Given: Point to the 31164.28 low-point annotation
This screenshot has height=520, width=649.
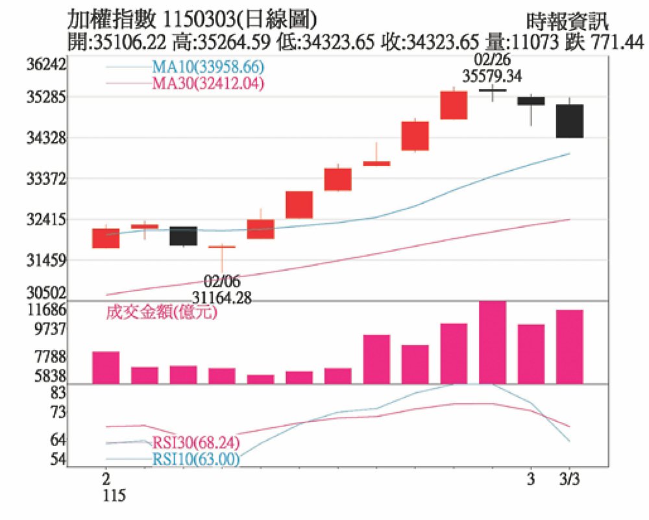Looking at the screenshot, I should point(222,297).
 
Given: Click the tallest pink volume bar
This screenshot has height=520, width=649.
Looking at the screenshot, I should point(492,342).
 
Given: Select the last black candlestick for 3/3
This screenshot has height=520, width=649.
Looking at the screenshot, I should point(569,121).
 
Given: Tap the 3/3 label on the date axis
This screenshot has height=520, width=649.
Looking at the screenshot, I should point(571,479).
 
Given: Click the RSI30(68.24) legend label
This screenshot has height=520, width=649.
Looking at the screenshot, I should point(197,444).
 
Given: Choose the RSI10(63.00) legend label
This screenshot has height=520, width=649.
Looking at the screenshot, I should point(197,460).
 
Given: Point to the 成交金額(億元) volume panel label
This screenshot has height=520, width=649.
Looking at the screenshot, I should point(161,314).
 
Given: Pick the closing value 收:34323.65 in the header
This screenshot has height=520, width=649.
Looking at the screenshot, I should point(440,43).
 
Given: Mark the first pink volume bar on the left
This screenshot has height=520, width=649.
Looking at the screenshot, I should point(106,367).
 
